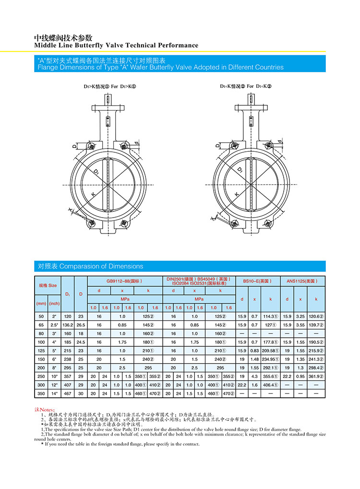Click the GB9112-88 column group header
pyautogui.click(x=125, y=281)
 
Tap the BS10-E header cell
pyautogui.click(x=257, y=281)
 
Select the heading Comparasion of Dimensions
pyautogui.click(x=90, y=266)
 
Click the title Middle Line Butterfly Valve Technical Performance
pyautogui.click(x=116, y=45)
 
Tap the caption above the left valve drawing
pyautogui.click(x=110, y=87)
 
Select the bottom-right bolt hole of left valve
pyautogui.click(x=125, y=222)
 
